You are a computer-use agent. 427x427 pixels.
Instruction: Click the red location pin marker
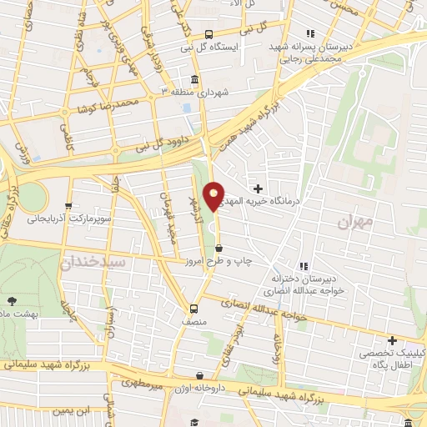point(214,195)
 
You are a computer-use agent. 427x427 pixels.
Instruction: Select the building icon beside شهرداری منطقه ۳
point(194,80)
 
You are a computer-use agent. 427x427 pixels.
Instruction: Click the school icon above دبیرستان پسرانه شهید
point(309,33)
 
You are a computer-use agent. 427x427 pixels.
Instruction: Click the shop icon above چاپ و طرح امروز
point(219,248)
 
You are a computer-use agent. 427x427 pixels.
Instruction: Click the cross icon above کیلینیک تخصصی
point(391,340)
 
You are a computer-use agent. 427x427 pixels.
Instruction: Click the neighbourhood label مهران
point(358,224)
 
